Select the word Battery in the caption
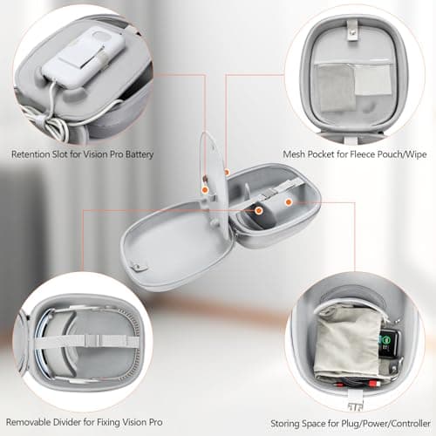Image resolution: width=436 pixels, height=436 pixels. click(x=137, y=155)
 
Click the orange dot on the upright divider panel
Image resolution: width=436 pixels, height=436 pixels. click(x=203, y=187)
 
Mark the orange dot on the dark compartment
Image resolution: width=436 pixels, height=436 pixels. click(x=260, y=209)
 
